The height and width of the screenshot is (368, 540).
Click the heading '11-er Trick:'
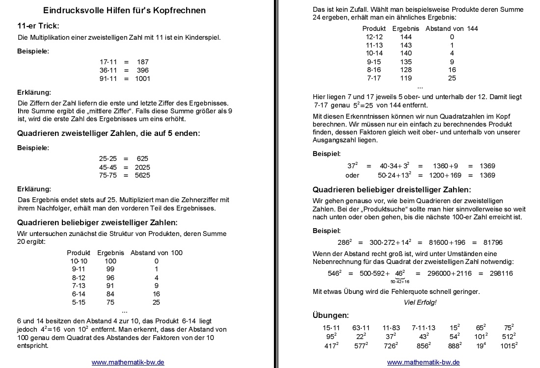click(x=38, y=26)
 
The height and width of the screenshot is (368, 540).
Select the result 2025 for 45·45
click(x=142, y=167)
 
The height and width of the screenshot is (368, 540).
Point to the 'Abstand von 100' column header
click(x=156, y=253)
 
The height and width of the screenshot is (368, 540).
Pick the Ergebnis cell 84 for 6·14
click(x=110, y=294)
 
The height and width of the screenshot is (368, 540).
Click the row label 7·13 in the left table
click(x=79, y=286)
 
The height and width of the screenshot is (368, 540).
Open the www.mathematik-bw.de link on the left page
click(x=128, y=362)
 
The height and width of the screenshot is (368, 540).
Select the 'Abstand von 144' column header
click(x=452, y=28)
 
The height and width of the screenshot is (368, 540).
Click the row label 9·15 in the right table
click(x=374, y=62)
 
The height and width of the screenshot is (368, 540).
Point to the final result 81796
click(x=493, y=242)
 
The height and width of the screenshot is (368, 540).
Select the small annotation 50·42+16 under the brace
click(x=400, y=282)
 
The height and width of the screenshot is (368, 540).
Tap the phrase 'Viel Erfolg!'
click(x=420, y=302)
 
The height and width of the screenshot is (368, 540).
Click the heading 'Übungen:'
click(x=331, y=315)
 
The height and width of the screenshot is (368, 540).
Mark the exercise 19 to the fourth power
click(x=481, y=345)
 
